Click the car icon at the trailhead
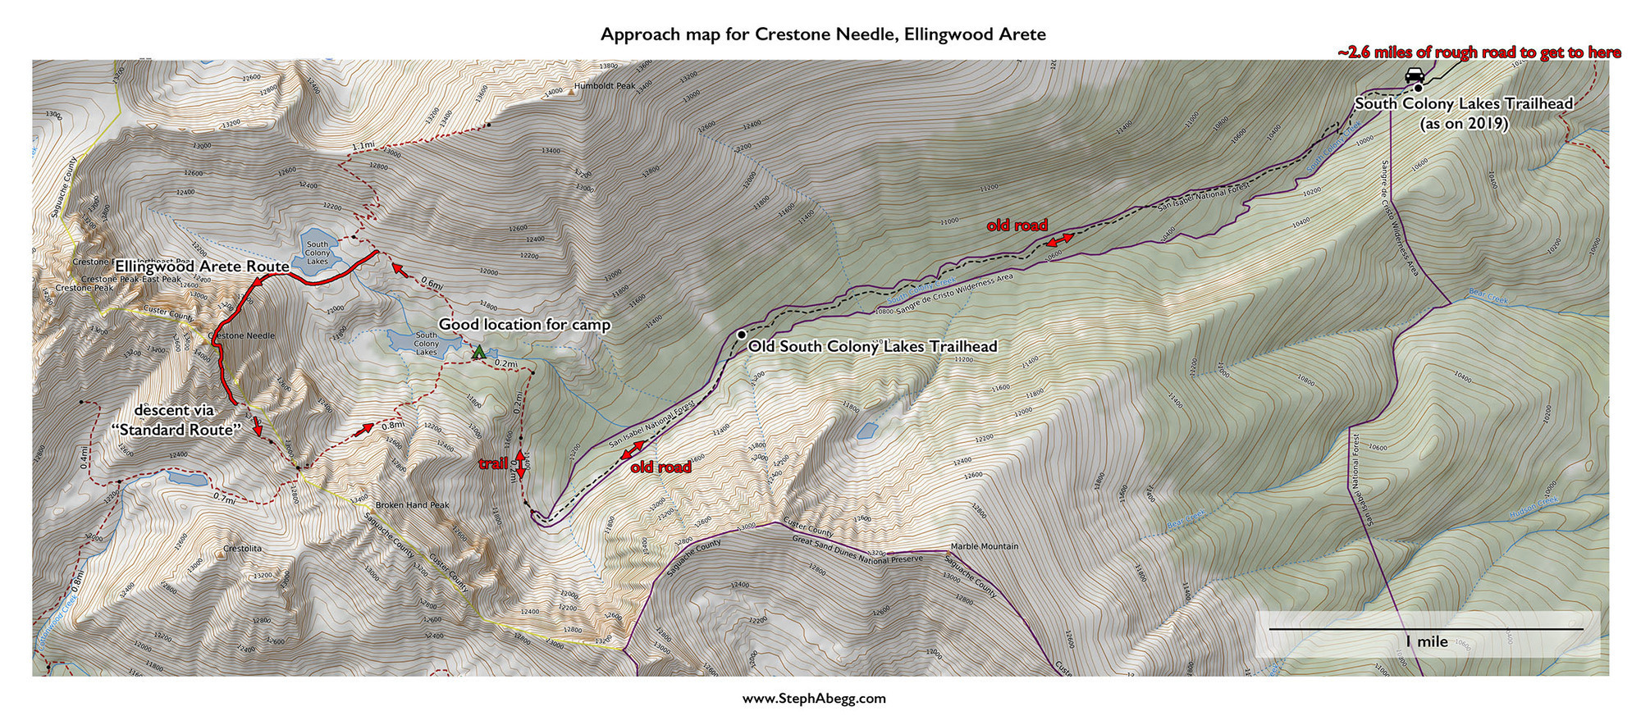pyautogui.click(x=1415, y=75)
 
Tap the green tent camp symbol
pyautogui.click(x=478, y=352)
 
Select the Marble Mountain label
pyautogui.click(x=984, y=546)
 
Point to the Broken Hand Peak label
pyautogui.click(x=412, y=505)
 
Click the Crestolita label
pyautogui.click(x=242, y=548)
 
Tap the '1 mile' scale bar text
pyautogui.click(x=1426, y=641)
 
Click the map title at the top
pyautogui.click(x=823, y=34)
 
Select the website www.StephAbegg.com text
pyautogui.click(x=814, y=699)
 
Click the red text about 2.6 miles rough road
pyautogui.click(x=1479, y=52)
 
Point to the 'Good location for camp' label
pyautogui.click(x=524, y=325)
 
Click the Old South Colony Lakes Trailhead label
pyautogui.click(x=872, y=346)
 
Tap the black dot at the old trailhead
pyautogui.click(x=741, y=335)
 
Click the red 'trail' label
pyautogui.click(x=493, y=464)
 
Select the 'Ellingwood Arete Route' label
pyautogui.click(x=202, y=267)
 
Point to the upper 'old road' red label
pyautogui.click(x=1017, y=226)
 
